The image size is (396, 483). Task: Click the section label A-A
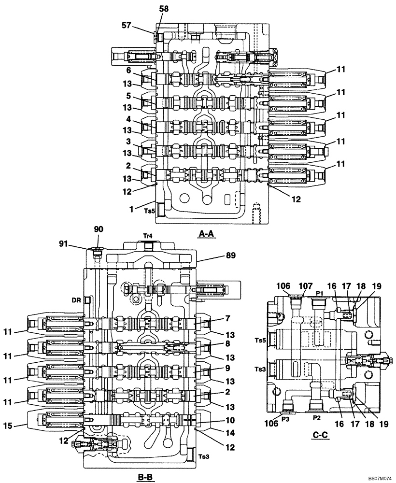click(206, 234)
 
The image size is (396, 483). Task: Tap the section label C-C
click(320, 435)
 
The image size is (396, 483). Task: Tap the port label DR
click(76, 300)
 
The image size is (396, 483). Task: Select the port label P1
click(319, 293)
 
